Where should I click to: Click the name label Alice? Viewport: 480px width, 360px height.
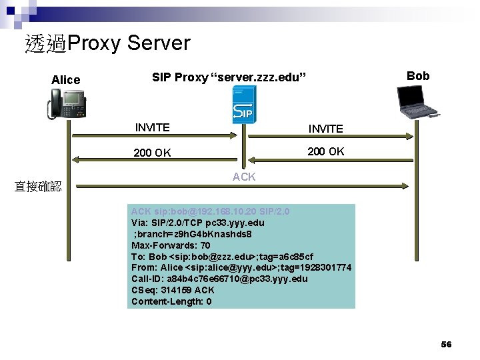pos(65,80)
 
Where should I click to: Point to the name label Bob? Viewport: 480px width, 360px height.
pos(418,76)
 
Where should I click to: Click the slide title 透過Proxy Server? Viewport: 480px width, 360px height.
pos(107,43)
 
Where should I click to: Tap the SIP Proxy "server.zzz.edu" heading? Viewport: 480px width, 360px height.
pos(229,77)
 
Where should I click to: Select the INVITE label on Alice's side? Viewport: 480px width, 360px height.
pos(152,127)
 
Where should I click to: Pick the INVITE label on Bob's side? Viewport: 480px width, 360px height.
pos(325,129)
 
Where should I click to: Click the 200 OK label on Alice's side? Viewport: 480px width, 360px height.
pos(152,153)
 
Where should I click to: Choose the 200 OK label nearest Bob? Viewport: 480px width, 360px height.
pos(325,151)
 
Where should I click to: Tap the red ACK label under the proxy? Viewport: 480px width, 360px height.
pos(244,177)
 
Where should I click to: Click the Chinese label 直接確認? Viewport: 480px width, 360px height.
pos(38,187)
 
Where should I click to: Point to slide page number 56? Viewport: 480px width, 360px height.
pos(446,344)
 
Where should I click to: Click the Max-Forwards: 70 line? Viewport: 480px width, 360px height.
pos(171,245)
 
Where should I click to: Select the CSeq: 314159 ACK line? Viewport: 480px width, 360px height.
pos(173,290)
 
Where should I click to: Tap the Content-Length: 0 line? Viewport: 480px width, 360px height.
pos(171,301)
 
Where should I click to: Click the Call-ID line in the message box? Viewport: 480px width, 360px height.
pos(219,279)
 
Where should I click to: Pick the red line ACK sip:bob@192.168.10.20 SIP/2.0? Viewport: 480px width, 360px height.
pos(211,211)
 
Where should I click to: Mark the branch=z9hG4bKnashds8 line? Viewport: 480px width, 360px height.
pos(193,234)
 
